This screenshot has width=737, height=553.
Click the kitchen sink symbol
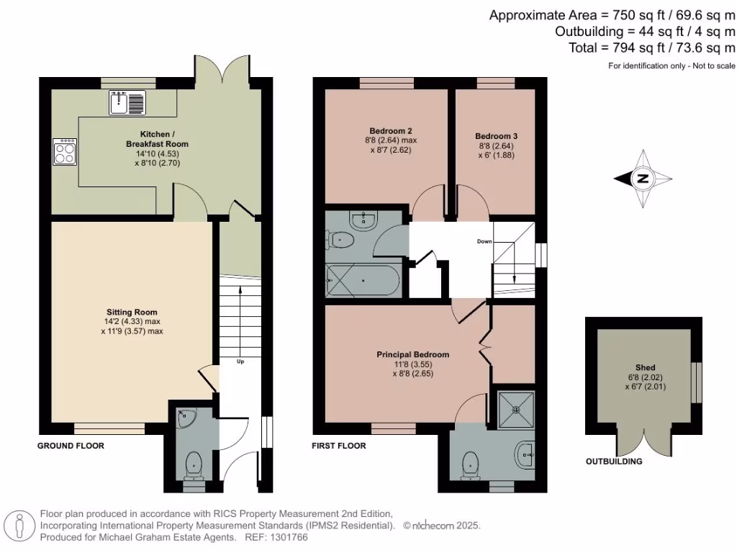coord(127,103)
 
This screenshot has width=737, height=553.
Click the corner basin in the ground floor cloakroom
coord(186,417)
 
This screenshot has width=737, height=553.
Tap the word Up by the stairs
coord(240,361)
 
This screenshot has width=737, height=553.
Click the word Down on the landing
coord(484,241)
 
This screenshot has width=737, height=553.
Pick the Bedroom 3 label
coord(496,135)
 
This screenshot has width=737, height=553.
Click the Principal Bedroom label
coord(412,354)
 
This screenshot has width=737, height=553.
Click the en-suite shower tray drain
coord(515,409)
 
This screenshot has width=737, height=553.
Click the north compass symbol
coord(643,179)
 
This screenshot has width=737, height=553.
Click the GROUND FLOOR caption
coord(71,446)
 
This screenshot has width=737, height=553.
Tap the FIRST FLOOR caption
coord(338,446)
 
